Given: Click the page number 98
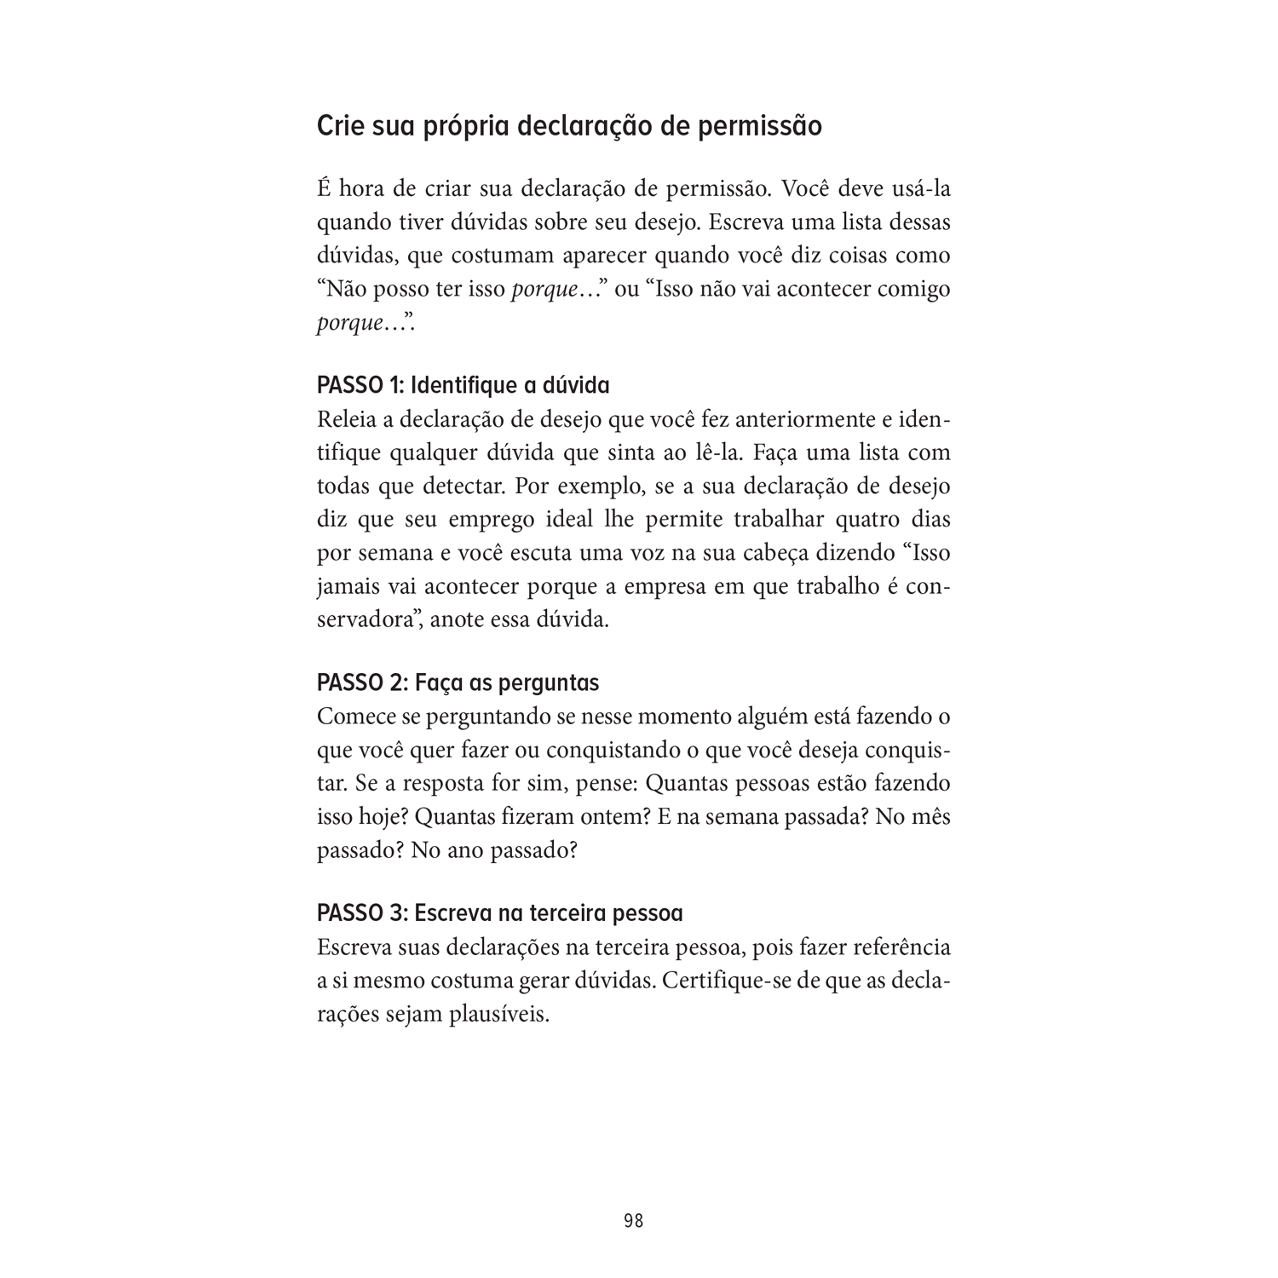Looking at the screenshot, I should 633,1221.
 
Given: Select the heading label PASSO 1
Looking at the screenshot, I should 359,386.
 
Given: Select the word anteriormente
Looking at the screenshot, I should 780,420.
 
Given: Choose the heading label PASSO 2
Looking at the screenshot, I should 360,683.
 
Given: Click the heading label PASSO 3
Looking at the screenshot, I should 360,913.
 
